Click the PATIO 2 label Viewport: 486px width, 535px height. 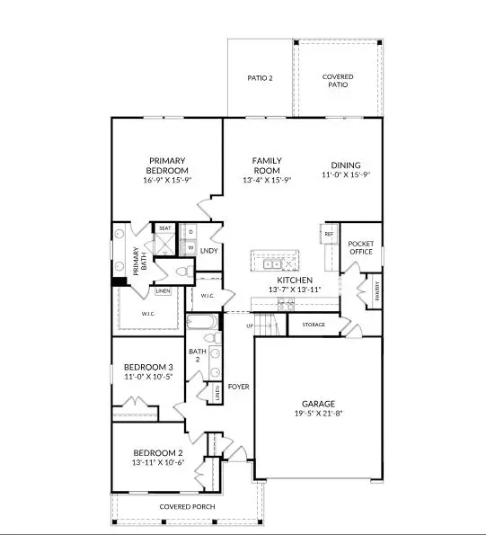[260, 78]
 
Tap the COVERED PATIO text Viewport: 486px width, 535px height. [338, 82]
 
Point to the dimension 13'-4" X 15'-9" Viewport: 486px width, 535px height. [267, 180]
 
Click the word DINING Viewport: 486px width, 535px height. [345, 165]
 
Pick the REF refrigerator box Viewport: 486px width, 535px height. [328, 234]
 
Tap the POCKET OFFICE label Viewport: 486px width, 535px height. [360, 248]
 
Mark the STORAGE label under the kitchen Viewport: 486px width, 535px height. [314, 325]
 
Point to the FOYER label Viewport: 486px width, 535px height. [238, 387]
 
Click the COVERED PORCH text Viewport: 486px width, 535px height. [187, 507]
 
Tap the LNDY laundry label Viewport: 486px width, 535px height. [209, 251]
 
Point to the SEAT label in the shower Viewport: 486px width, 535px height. [165, 228]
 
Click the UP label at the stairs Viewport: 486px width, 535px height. [250, 325]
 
